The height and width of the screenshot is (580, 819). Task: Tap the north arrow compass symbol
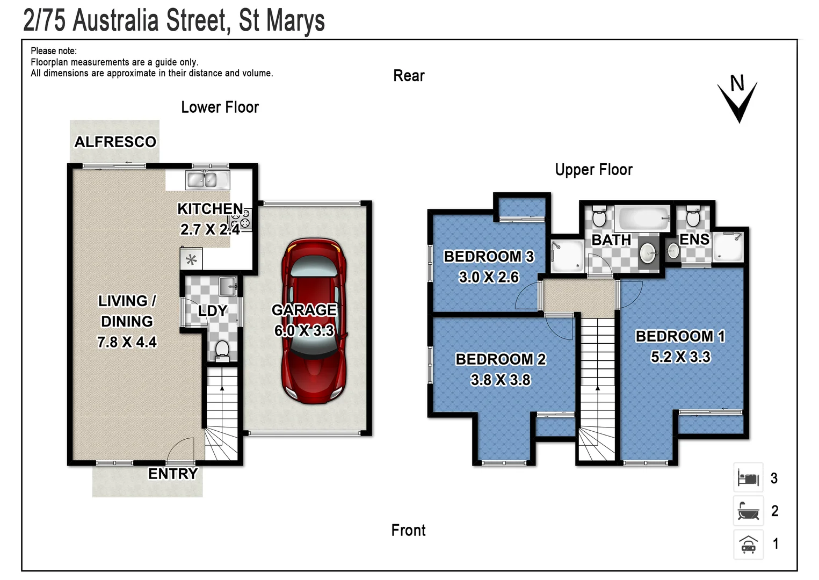click(x=738, y=99)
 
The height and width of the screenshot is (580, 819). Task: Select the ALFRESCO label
click(x=115, y=142)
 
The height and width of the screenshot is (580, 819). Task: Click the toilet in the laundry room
click(x=221, y=351)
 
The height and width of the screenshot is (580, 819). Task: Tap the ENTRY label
click(x=173, y=474)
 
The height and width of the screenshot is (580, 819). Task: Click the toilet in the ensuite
click(x=693, y=217)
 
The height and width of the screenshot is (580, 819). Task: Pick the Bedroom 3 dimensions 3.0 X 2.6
click(x=489, y=277)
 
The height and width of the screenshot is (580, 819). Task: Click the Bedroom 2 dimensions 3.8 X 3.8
click(x=501, y=380)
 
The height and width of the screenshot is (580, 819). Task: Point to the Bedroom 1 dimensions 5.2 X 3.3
click(x=680, y=357)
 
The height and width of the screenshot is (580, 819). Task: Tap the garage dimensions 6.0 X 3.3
click(x=304, y=331)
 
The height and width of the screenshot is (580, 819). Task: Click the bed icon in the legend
click(x=748, y=477)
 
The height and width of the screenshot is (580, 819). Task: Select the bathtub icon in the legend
click(x=748, y=511)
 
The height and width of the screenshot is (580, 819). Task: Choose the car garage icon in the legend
click(x=748, y=544)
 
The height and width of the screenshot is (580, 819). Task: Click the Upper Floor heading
click(x=593, y=170)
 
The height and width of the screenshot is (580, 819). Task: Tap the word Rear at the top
click(x=409, y=76)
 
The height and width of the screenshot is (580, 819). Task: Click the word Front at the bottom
click(x=408, y=531)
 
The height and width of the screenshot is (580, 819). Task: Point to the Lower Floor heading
click(x=220, y=107)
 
